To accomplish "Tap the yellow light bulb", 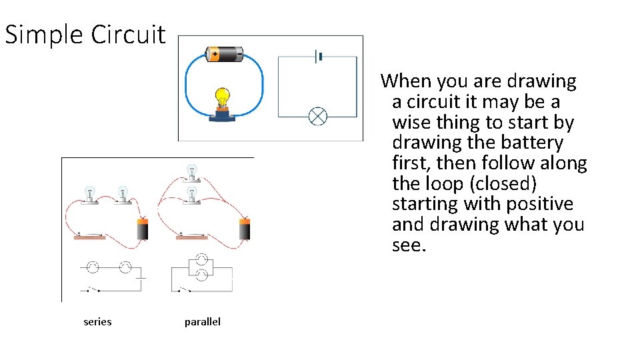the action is coord(222,97).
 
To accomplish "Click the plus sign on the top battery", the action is coord(215,54).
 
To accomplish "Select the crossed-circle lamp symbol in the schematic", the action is coord(318,116).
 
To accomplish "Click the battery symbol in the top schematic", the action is coord(319,57).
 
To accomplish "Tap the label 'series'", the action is coord(97,322).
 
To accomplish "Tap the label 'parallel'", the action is coord(202,322).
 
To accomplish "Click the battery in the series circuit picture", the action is coord(142,229).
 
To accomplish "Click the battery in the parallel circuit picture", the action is coord(245,229).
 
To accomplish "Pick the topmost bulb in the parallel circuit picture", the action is coord(192,171).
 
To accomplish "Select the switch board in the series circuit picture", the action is coord(89,236).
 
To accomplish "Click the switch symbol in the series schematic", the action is coord(91,290).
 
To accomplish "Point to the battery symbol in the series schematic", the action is coord(141,275).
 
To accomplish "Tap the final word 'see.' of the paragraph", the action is coord(408,245).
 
